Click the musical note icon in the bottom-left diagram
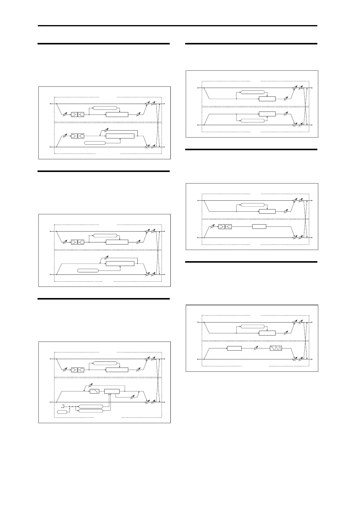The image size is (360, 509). [63, 406]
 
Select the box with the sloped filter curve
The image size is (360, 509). [95, 391]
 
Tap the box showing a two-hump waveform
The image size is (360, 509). [276, 348]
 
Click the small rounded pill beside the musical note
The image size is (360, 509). [62, 412]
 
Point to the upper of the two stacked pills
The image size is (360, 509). [91, 406]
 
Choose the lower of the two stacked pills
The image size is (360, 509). [91, 410]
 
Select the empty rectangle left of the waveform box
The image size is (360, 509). [234, 348]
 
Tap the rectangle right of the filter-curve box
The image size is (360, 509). [112, 391]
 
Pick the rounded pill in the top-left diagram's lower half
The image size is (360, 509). [95, 143]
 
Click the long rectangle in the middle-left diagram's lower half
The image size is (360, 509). [120, 264]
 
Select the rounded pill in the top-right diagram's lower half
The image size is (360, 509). [252, 121]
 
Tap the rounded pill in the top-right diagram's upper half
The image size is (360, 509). [252, 92]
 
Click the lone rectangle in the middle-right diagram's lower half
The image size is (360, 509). [259, 226]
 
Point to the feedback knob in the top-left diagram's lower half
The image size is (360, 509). [105, 130]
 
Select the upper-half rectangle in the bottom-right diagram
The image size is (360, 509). [267, 333]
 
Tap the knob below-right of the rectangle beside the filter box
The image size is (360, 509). [132, 397]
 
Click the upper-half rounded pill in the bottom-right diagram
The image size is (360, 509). [252, 326]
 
